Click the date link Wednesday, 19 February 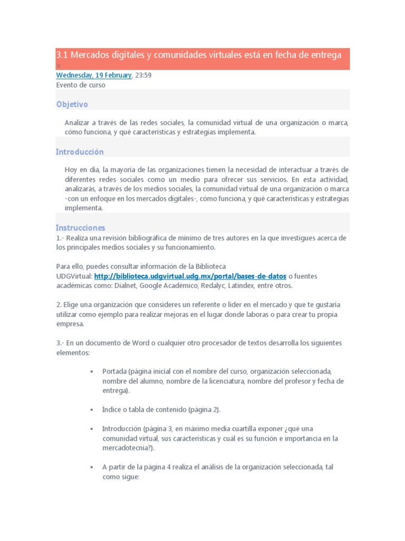(x=94, y=75)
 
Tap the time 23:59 (x=143, y=75)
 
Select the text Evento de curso (x=81, y=85)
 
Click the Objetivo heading (x=72, y=105)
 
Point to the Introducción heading (x=80, y=152)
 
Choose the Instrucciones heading (x=81, y=228)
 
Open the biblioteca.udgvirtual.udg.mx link (x=190, y=276)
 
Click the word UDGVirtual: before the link (x=74, y=276)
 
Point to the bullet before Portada (x=92, y=371)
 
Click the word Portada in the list (x=114, y=371)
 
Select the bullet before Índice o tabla (x=92, y=409)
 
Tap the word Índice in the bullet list (x=112, y=409)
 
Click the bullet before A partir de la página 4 (x=92, y=467)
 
